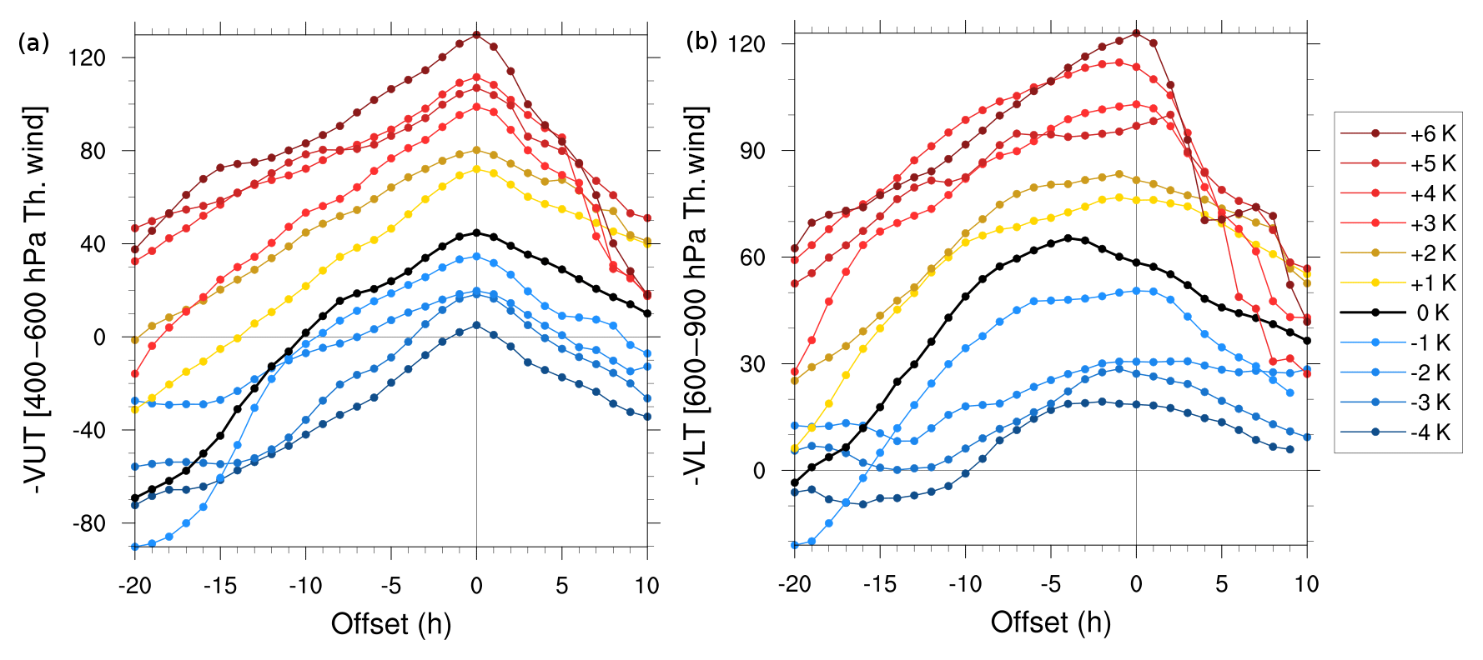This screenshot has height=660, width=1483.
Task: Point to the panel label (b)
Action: [701, 41]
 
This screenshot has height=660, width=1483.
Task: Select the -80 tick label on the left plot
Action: [88, 523]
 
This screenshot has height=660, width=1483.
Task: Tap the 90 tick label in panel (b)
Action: [752, 151]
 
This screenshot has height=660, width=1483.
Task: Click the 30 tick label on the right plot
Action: [752, 364]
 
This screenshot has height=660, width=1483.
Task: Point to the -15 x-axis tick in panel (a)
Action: [220, 586]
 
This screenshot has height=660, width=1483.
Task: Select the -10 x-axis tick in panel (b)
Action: [965, 584]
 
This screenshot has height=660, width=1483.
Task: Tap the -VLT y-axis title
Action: [695, 296]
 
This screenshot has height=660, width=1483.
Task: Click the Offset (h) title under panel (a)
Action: [391, 623]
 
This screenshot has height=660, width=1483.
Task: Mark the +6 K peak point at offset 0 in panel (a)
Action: [476, 35]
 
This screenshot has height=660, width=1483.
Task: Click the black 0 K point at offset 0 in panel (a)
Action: [476, 232]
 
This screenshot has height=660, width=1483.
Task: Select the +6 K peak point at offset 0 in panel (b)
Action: [1136, 33]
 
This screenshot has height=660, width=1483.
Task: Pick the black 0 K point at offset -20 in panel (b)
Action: [795, 482]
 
